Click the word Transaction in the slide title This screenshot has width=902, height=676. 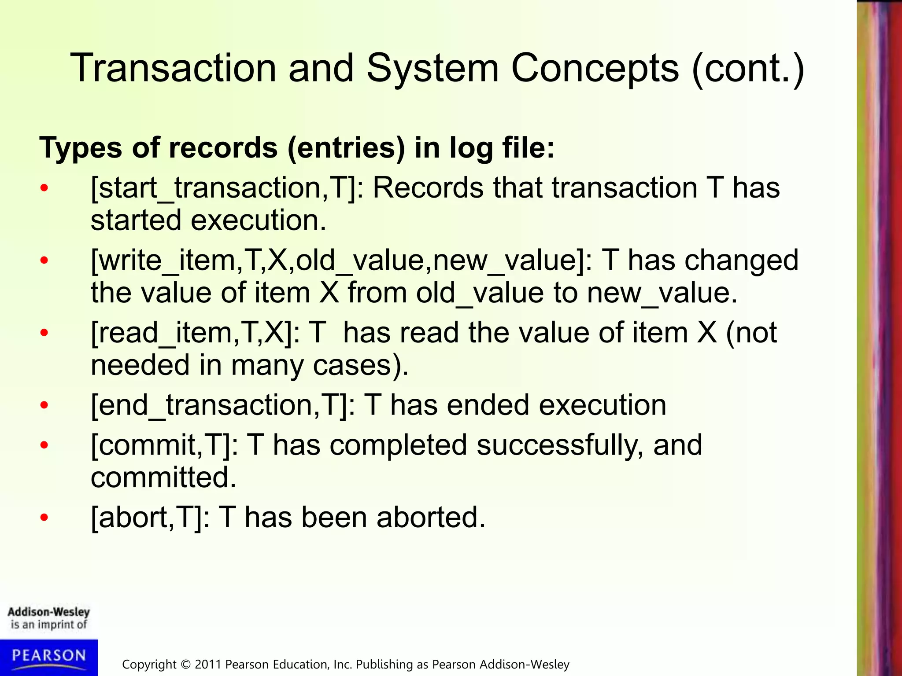(173, 68)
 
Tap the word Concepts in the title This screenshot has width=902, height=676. (595, 68)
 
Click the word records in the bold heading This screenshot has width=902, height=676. (223, 147)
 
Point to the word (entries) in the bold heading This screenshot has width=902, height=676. (346, 148)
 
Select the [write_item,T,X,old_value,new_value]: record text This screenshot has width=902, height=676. (341, 261)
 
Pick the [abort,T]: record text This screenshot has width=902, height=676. (150, 518)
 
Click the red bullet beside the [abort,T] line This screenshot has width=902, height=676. (44, 518)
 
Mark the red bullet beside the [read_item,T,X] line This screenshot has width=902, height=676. (44, 333)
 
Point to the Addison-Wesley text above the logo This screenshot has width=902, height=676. (49, 612)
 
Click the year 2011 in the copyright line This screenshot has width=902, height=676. (208, 665)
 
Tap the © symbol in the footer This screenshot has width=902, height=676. (185, 665)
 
